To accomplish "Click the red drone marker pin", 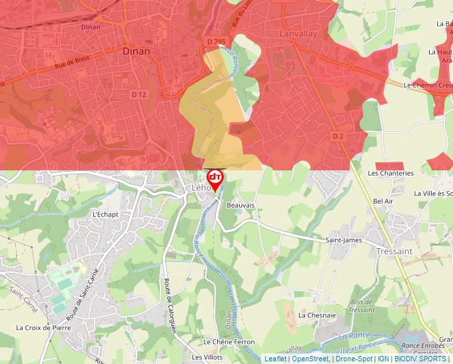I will coord(215,179).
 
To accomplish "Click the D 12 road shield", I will coord(139,94).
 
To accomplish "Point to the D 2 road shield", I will coord(338,136).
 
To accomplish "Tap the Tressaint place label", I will coord(394,251).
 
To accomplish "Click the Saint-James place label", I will coord(343,240).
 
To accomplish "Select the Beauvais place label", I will coord(240,206).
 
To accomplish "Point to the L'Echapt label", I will coord(106,214).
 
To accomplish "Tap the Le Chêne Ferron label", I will coord(229,342).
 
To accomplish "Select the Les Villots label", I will coord(207,357).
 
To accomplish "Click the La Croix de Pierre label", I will coord(43,327).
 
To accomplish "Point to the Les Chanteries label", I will coord(391,173).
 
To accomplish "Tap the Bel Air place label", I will coord(384,201).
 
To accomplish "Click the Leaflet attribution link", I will coord(275,359).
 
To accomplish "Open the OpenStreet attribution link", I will coord(310,359).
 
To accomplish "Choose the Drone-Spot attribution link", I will coord(354,359).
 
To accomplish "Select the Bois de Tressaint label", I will coord(362,305).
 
